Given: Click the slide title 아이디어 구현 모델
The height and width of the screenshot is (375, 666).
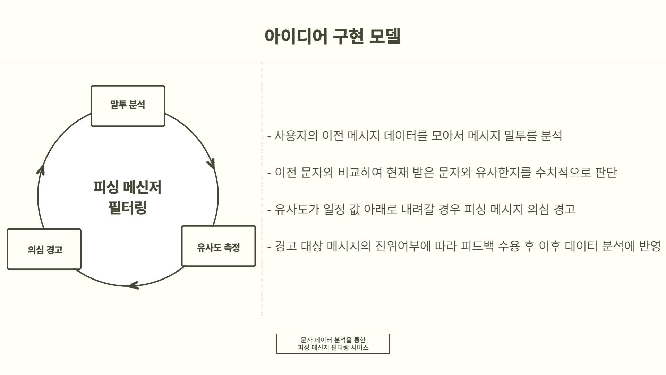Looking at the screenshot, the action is [x=333, y=36].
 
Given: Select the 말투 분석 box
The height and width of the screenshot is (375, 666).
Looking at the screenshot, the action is [x=128, y=106].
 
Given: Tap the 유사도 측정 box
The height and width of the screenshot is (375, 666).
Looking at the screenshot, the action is [x=219, y=246].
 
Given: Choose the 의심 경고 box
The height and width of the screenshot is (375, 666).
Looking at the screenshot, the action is [x=44, y=249].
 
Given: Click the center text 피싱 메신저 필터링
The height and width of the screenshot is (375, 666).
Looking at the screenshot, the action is [x=128, y=197].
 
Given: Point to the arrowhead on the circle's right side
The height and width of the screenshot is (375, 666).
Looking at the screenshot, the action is [x=212, y=164].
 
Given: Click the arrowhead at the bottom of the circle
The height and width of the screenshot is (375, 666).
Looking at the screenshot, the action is [x=134, y=286].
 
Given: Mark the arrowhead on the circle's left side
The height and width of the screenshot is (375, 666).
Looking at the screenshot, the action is [x=41, y=170].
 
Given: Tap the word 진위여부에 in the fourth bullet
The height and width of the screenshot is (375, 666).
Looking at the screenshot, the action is [x=403, y=246].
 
